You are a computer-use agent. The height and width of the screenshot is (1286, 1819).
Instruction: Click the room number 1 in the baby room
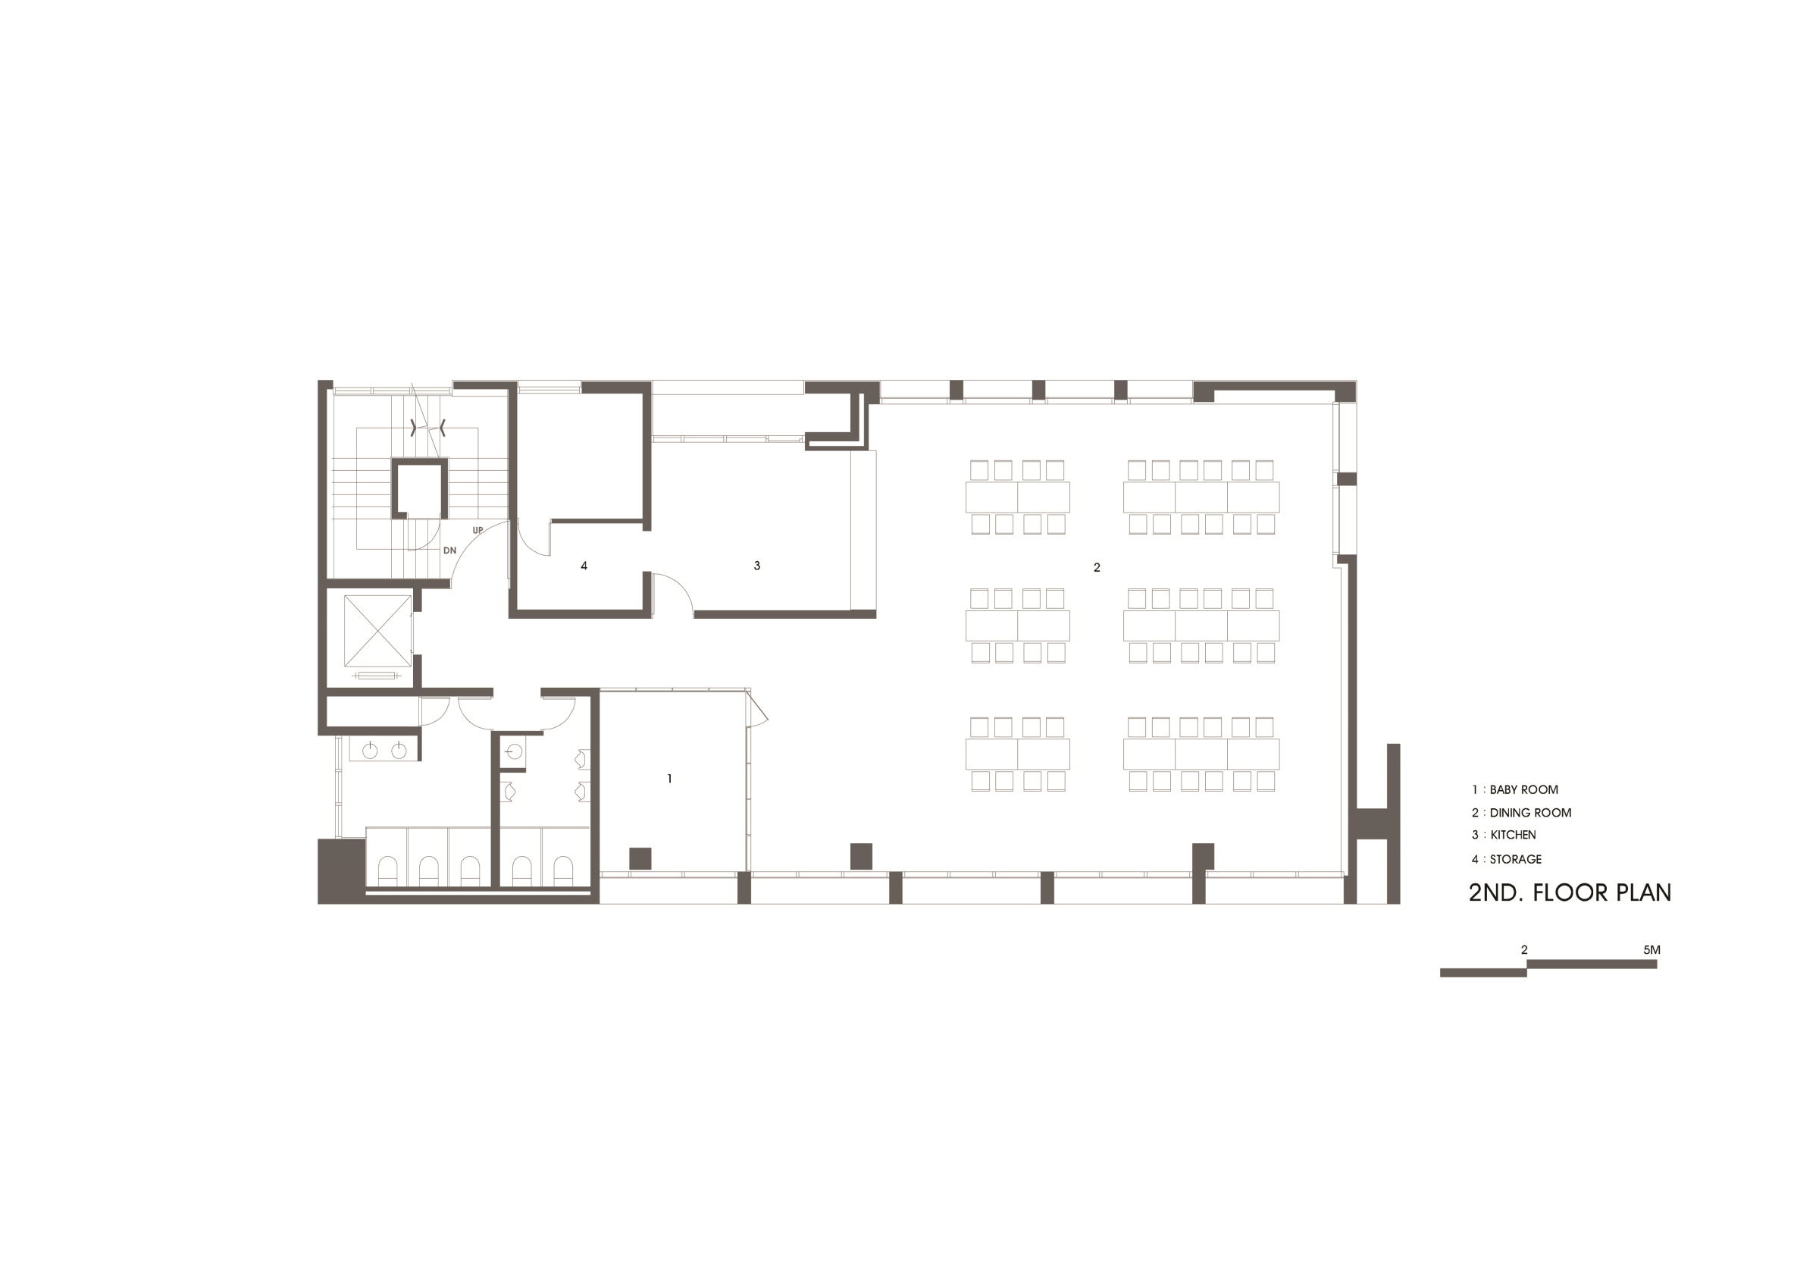point(669,779)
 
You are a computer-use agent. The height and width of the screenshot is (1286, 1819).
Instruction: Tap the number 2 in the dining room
point(1097,567)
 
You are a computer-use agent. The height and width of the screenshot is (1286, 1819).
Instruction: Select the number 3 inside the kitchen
point(756,566)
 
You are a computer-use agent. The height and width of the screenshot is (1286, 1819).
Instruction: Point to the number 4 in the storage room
point(584,566)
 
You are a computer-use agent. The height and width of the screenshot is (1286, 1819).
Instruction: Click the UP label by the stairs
point(477,530)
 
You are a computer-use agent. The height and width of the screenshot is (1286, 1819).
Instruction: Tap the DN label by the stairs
point(449,550)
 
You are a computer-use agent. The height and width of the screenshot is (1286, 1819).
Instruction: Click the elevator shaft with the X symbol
point(378,631)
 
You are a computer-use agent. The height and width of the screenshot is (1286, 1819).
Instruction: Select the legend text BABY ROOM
point(1523,790)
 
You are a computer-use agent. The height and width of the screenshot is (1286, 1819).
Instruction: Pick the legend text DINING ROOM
point(1529,813)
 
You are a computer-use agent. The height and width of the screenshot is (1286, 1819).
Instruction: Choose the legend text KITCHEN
point(1512,835)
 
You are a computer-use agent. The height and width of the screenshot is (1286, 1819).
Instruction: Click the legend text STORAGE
point(1516,859)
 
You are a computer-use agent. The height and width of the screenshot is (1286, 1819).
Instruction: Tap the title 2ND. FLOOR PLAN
point(1570,893)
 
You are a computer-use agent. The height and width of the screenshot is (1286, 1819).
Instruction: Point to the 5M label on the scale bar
point(1652,949)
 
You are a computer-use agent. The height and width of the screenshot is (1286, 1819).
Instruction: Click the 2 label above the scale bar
point(1524,949)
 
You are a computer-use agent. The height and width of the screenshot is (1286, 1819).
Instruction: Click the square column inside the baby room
point(640,858)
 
